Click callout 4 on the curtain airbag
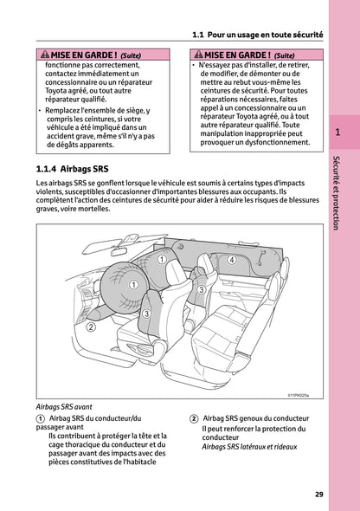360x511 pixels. point(232,259)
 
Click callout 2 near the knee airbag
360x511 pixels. point(90,327)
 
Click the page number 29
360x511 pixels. point(319,495)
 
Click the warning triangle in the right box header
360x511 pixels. point(196,55)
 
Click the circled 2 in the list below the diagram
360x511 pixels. point(194,418)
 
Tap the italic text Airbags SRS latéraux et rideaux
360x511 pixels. point(248,447)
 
